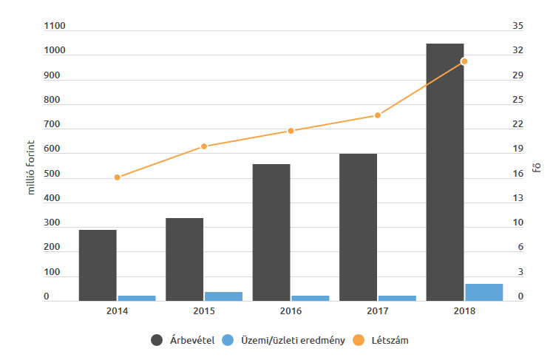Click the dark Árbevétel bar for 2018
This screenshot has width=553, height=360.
[x=445, y=172]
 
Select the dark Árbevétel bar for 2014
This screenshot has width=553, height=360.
[x=98, y=265]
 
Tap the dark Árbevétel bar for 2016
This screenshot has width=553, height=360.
[x=271, y=232]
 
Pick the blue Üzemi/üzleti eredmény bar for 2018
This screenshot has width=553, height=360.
[x=484, y=292]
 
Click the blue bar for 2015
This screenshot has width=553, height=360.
[x=223, y=296]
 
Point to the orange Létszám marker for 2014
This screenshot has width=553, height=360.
[x=117, y=177]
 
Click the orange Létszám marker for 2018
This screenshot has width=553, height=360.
[x=464, y=61]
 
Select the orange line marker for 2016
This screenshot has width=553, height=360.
[x=291, y=131]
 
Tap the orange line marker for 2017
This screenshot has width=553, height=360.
[x=377, y=115]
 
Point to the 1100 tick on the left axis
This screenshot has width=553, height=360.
[x=55, y=27]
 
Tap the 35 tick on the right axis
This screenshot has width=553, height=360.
[x=518, y=27]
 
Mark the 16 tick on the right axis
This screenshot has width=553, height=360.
[x=518, y=174]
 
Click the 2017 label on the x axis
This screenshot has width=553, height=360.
[x=377, y=311]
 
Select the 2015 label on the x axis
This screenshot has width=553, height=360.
[x=203, y=311]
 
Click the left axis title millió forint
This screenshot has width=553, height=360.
[x=32, y=163]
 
